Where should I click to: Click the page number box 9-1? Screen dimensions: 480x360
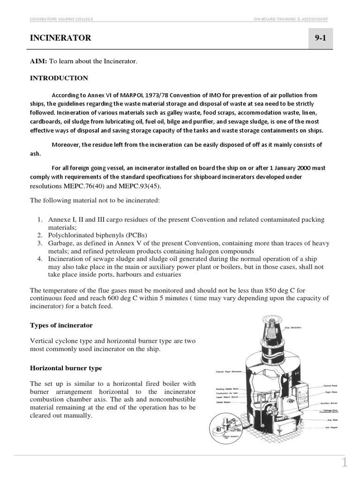(x=321, y=38)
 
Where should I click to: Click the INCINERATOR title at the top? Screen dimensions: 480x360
(x=60, y=38)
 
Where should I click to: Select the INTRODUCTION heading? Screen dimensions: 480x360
(x=59, y=78)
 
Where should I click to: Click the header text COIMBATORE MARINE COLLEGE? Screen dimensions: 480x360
(x=61, y=19)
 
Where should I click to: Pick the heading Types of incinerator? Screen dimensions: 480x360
(x=61, y=325)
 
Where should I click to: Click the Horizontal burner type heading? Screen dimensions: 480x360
(x=66, y=368)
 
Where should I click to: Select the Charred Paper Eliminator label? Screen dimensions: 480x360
(x=229, y=371)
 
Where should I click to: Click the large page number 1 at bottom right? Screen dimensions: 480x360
(x=345, y=463)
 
